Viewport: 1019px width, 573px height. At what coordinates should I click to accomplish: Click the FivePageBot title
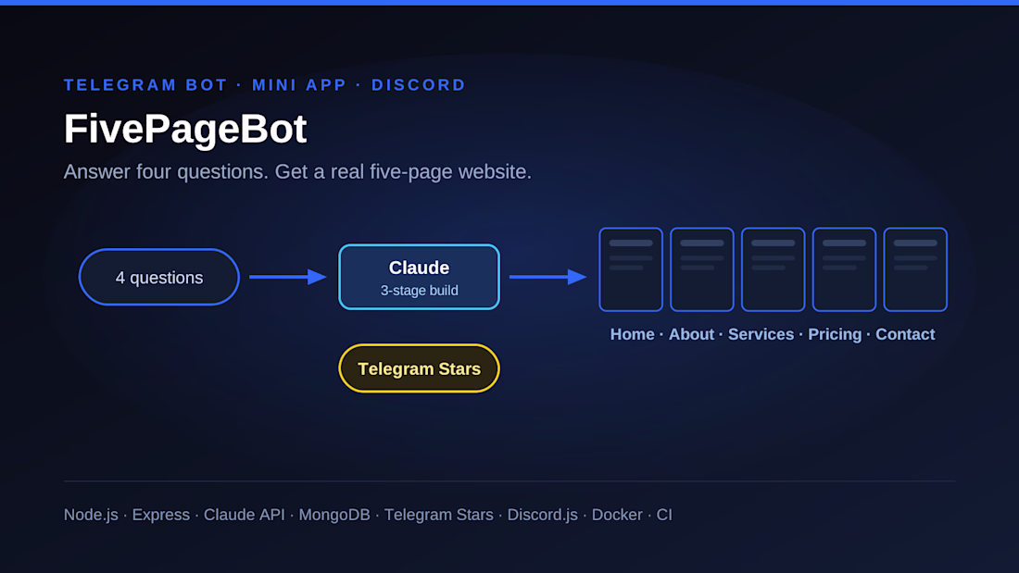pyautogui.click(x=185, y=129)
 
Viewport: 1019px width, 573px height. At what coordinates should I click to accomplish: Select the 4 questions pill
pyautogui.click(x=159, y=277)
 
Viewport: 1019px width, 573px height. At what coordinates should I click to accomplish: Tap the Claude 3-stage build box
pyautogui.click(x=419, y=277)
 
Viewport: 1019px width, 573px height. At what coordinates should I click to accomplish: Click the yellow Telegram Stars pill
pyautogui.click(x=419, y=368)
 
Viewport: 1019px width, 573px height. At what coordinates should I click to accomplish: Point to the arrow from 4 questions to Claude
pyautogui.click(x=288, y=277)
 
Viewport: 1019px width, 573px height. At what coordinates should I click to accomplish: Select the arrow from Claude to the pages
pyautogui.click(x=547, y=277)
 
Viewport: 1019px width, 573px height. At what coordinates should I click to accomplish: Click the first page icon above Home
pyautogui.click(x=631, y=269)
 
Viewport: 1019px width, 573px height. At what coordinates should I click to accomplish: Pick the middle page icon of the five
pyautogui.click(x=774, y=269)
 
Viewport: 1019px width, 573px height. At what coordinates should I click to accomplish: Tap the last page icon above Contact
pyautogui.click(x=915, y=269)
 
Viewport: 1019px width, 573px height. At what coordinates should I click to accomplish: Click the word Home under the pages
pyautogui.click(x=633, y=334)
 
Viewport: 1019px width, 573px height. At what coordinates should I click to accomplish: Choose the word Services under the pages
pyautogui.click(x=761, y=334)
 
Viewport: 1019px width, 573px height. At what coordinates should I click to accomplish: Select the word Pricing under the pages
pyautogui.click(x=835, y=334)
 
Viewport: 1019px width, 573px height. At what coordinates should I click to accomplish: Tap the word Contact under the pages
pyautogui.click(x=905, y=334)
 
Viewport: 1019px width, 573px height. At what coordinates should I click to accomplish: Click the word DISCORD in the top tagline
pyautogui.click(x=419, y=85)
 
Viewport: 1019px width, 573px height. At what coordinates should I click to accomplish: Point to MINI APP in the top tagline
pyautogui.click(x=299, y=85)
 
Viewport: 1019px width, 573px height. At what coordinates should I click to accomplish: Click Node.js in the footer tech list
pyautogui.click(x=91, y=515)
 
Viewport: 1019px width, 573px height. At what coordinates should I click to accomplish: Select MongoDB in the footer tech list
pyautogui.click(x=334, y=515)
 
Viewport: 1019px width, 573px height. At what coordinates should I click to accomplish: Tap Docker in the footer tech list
pyautogui.click(x=617, y=515)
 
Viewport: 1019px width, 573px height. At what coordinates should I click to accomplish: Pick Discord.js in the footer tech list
pyautogui.click(x=543, y=515)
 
